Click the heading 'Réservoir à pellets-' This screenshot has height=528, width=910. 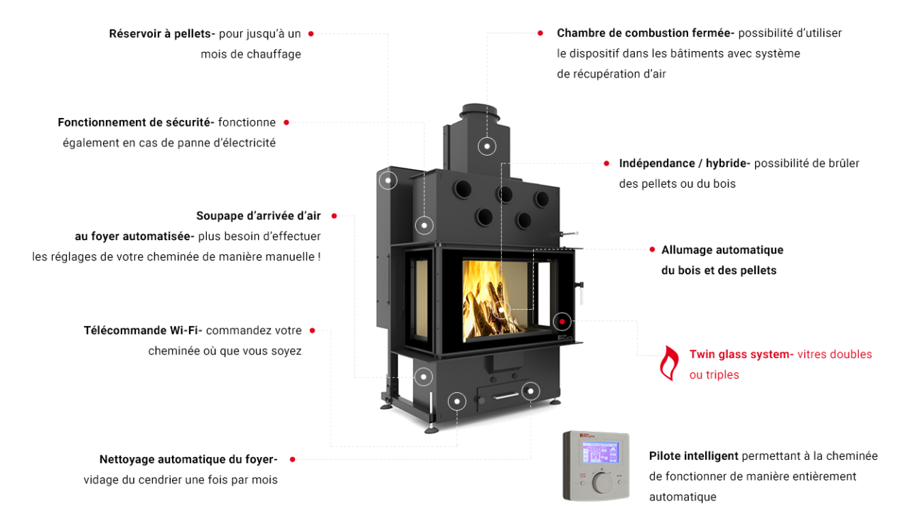(162, 33)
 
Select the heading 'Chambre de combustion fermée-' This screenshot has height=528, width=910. (646, 33)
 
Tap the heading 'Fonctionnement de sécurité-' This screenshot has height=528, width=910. (136, 122)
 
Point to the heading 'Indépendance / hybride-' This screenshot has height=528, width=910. (684, 163)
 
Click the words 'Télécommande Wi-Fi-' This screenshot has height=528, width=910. (143, 330)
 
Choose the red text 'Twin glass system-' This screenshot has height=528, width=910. (741, 354)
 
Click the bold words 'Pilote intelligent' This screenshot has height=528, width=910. (693, 456)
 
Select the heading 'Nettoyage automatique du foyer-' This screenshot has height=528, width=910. (188, 459)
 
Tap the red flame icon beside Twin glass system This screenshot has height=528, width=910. (668, 363)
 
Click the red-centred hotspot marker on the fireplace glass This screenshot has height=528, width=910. (562, 321)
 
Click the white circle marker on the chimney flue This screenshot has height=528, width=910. (487, 146)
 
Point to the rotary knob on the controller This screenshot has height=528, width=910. (603, 483)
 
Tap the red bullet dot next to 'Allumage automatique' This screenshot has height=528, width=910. (652, 249)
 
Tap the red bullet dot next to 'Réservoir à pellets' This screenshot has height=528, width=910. (311, 33)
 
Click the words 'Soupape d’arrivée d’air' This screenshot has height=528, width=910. (259, 216)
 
